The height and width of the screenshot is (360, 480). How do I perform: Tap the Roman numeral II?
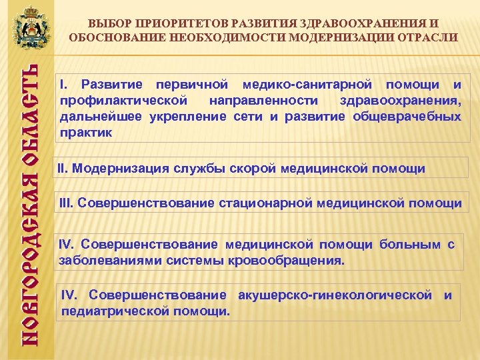click(63, 168)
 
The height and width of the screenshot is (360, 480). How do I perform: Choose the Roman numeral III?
click(67, 202)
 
